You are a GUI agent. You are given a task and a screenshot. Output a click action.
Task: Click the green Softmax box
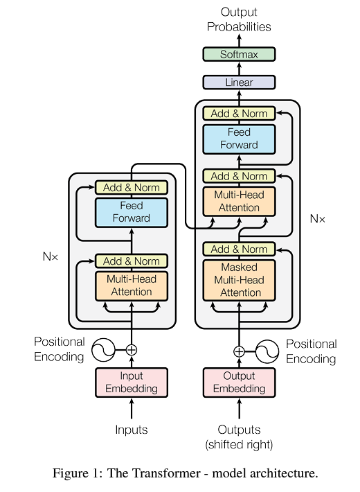pos(239,54)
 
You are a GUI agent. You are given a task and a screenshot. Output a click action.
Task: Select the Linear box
pos(239,82)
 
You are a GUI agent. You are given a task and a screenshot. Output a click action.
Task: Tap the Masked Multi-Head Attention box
pos(239,280)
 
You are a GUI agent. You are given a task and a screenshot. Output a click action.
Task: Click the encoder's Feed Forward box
pos(132,212)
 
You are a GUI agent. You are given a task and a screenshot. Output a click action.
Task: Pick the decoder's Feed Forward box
pos(239,139)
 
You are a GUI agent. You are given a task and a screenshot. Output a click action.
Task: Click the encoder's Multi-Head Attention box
pos(132,285)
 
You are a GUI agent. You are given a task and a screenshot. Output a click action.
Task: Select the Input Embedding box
pos(132,383)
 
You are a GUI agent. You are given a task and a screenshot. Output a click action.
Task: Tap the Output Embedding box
pos(239,383)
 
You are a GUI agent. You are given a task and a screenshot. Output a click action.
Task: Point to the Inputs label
pos(132,430)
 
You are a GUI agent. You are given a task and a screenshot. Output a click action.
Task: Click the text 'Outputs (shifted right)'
pos(239,437)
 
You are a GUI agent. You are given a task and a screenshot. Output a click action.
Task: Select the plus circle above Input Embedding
pos(132,350)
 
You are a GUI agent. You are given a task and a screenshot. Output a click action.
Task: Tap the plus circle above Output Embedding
pos(239,351)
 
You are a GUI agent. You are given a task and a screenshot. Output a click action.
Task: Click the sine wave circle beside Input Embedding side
pos(104,350)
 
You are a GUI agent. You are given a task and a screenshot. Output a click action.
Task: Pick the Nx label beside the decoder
pos(318,219)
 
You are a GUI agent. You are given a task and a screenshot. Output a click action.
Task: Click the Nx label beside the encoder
pos(51,256)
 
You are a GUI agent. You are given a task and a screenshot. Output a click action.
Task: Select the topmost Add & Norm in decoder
pos(239,113)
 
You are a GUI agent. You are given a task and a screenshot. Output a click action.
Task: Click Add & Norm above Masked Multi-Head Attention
pos(239,249)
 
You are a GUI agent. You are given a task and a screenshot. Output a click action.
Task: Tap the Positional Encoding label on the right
pos(311,351)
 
